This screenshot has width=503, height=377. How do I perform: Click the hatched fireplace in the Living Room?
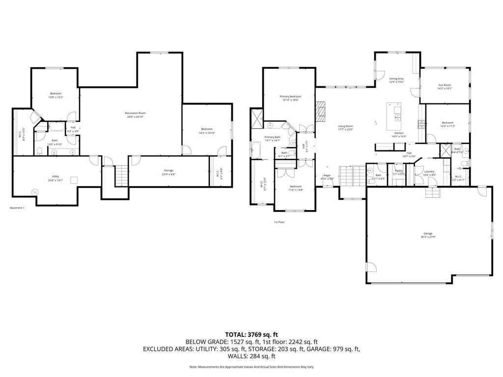[x=320, y=111]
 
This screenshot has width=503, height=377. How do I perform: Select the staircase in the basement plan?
[x=121, y=176]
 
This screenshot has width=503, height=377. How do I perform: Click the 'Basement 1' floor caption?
[x=17, y=208]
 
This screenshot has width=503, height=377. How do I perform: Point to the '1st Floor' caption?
[x=279, y=222]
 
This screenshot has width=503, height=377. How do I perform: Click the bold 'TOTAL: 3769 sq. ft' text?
[x=251, y=334]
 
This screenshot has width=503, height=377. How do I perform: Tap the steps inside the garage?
[x=431, y=194]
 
